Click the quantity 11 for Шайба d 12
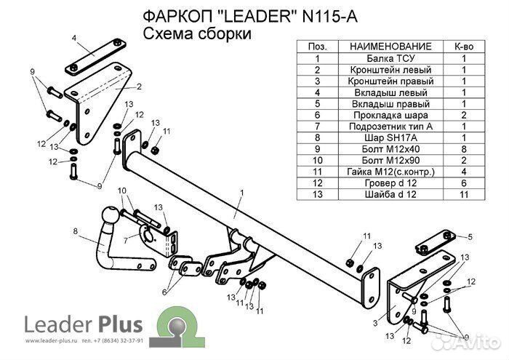pyautogui.click(x=463, y=194)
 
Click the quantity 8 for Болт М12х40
pyautogui.click(x=463, y=148)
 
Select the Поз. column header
pyautogui.click(x=318, y=46)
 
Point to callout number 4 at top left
pyautogui.click(x=74, y=36)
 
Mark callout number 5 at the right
pyautogui.click(x=470, y=236)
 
